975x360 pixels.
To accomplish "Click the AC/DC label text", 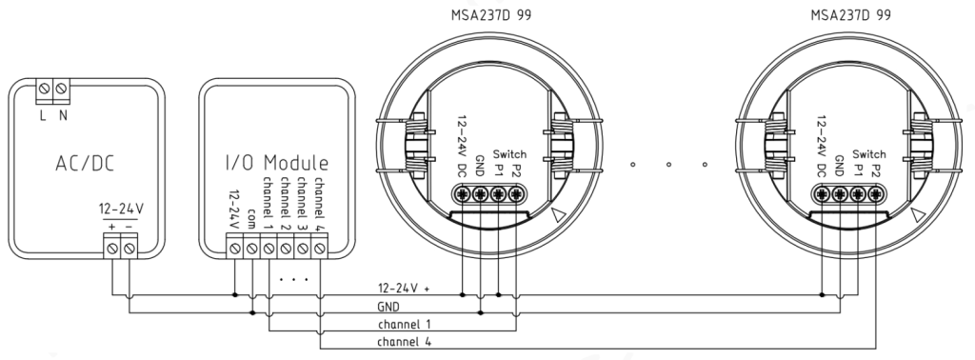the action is [x=85, y=163].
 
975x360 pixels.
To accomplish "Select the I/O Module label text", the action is [x=277, y=163].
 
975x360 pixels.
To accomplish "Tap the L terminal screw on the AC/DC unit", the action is [x=44, y=89].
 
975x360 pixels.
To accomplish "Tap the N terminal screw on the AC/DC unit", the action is [x=61, y=89].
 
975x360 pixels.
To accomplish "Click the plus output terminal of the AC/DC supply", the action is [x=112, y=249].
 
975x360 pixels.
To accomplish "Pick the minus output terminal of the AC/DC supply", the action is [x=129, y=249].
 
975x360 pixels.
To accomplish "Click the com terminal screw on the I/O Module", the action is [x=251, y=249].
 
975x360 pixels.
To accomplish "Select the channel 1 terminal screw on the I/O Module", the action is [x=269, y=249].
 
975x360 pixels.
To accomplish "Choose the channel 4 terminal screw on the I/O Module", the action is [x=320, y=249].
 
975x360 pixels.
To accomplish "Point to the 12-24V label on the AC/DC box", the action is [x=121, y=209].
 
